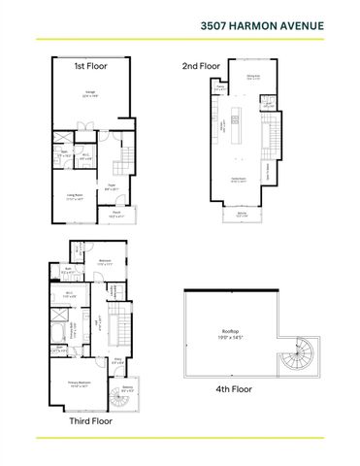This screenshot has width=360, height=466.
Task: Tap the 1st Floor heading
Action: click(x=90, y=66)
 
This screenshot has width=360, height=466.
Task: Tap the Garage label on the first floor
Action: click(x=89, y=94)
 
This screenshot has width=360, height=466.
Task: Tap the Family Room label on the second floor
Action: click(x=236, y=179)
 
